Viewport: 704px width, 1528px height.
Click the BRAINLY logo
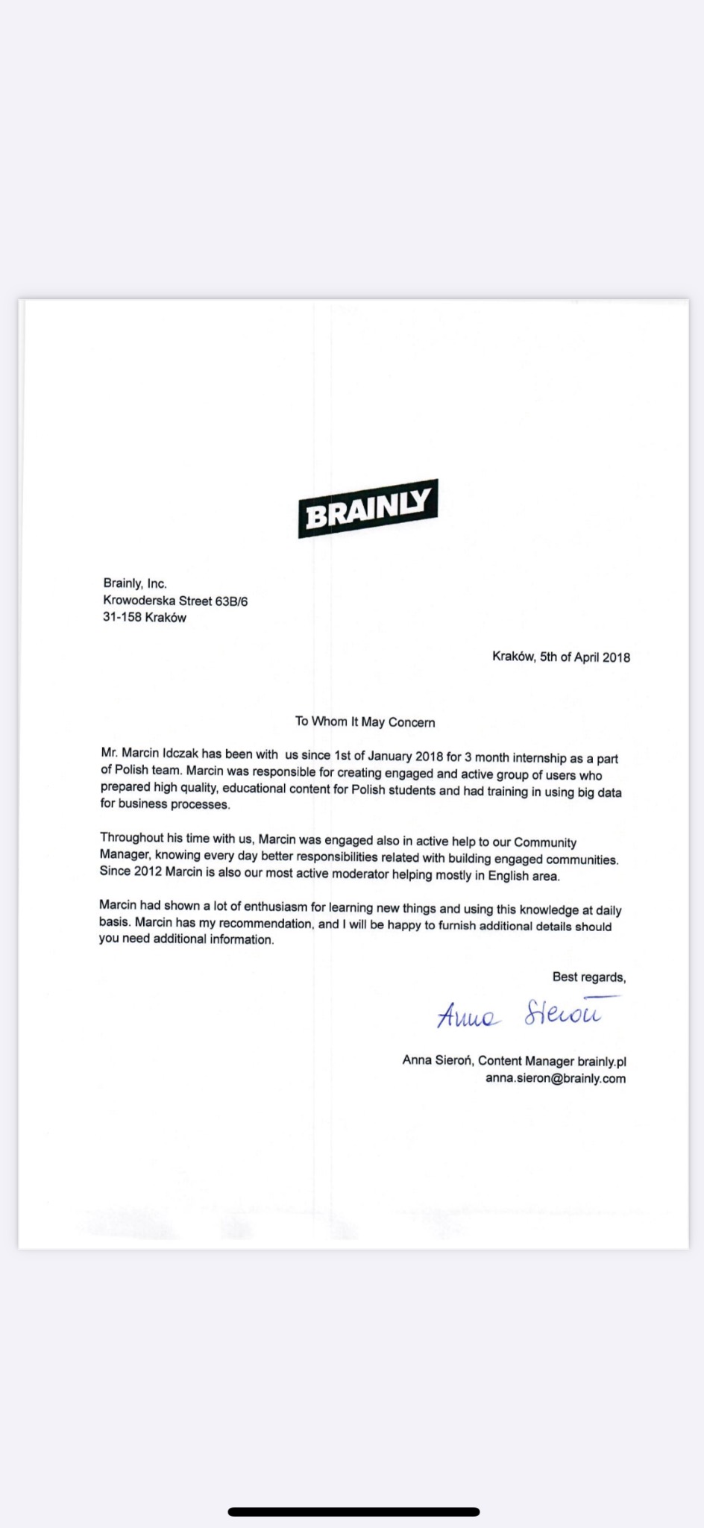368,508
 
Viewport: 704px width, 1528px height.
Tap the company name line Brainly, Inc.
135,583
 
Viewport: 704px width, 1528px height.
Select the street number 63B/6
231,601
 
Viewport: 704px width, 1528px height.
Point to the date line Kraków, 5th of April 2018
561,657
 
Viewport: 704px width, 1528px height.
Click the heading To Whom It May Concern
365,721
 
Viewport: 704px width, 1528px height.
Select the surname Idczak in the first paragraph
180,754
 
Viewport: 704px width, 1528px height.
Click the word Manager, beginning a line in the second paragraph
125,855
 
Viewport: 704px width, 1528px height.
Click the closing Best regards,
588,977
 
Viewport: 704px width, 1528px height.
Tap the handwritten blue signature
519,1014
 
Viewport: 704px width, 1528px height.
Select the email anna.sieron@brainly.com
556,1078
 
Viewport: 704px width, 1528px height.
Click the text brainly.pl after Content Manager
601,1061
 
